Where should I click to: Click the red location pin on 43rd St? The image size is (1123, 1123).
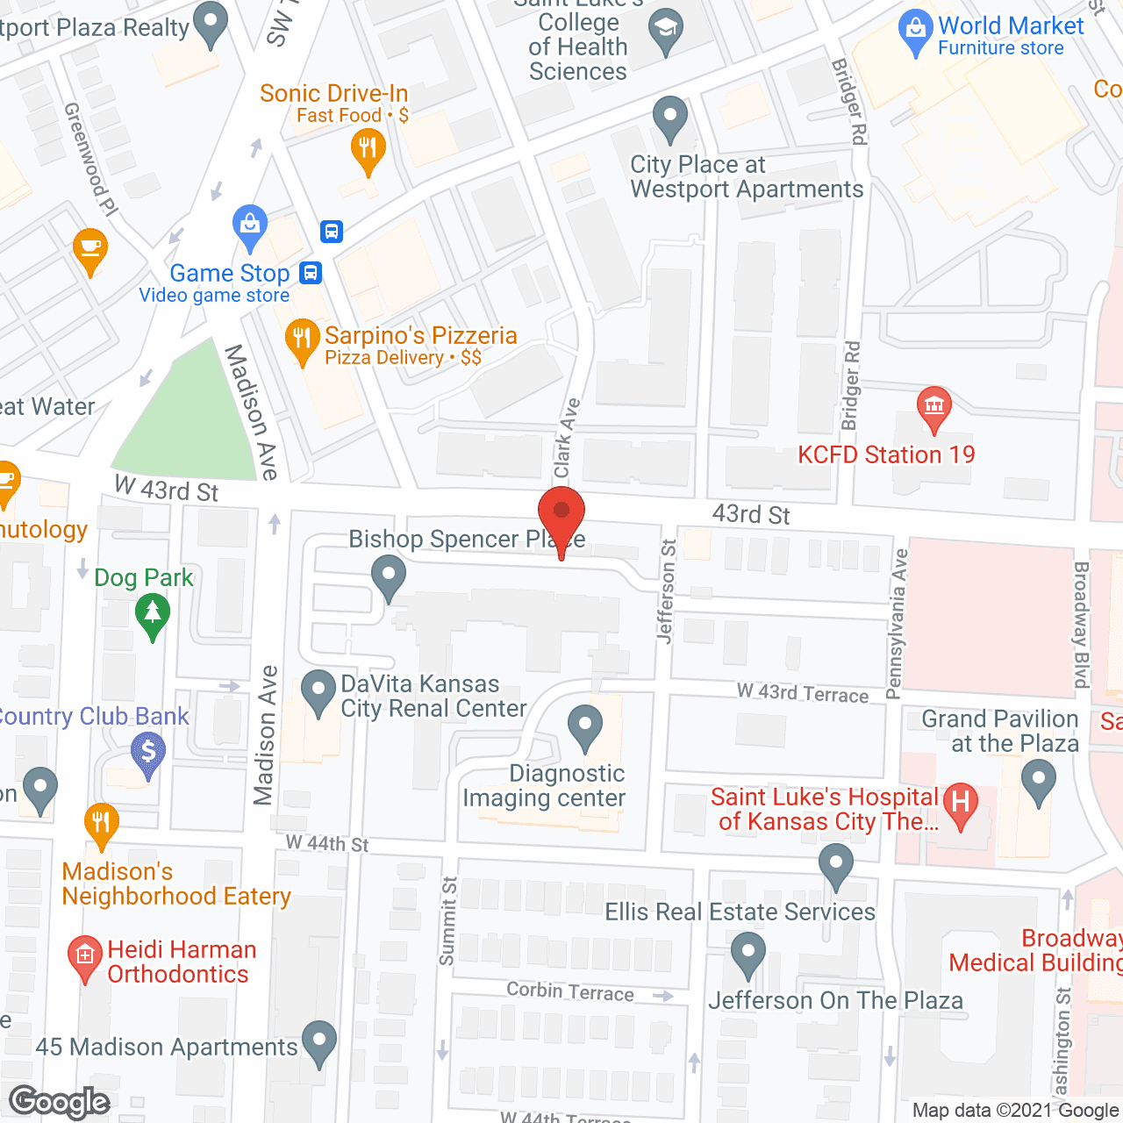(x=561, y=514)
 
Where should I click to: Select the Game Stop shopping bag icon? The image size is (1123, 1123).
(x=250, y=226)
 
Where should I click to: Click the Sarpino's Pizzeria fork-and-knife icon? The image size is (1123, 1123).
(x=302, y=339)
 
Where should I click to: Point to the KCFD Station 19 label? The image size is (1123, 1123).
(x=886, y=454)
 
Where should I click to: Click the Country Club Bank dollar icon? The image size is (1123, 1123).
(x=147, y=753)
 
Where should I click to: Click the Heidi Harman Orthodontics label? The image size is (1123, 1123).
(x=182, y=962)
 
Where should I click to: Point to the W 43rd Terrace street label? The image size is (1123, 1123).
(x=803, y=693)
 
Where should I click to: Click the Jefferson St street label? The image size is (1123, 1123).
(x=667, y=591)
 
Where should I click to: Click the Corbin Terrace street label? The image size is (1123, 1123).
(x=570, y=991)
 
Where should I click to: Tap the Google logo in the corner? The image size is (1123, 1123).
(x=60, y=1102)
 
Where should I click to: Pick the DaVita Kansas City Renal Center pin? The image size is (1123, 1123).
(x=318, y=691)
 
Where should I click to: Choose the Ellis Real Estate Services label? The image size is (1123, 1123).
(x=740, y=912)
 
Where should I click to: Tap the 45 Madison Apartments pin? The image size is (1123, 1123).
(x=318, y=1041)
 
